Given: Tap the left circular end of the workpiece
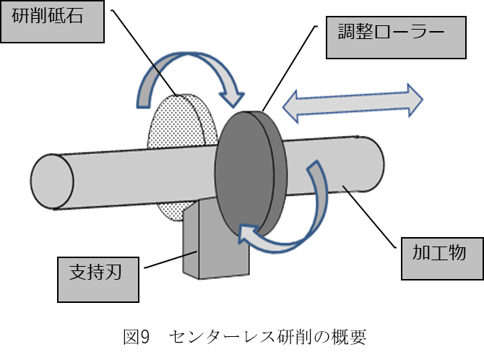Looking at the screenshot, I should click(x=51, y=182).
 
